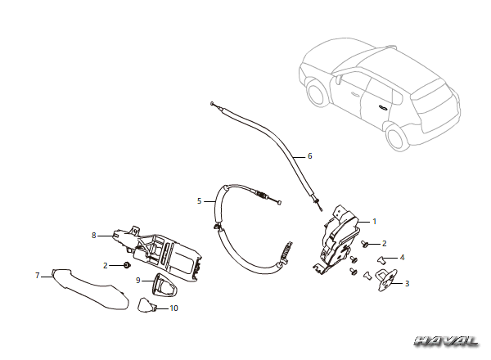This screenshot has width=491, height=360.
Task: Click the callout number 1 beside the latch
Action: coord(374,222)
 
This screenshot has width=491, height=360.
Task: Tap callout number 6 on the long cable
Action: coord(310,156)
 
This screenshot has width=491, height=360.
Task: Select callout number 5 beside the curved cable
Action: coord(199,201)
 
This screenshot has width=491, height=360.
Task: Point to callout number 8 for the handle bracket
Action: coord(93,235)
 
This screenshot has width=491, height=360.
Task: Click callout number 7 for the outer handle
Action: coord(38,276)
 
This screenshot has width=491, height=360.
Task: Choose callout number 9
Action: coord(137,280)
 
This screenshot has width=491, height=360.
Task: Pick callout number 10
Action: coord(173,308)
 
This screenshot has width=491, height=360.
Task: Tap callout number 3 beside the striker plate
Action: coord(407,284)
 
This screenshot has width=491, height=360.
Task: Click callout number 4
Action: coord(402,258)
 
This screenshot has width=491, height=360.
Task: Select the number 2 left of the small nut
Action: coord(106,265)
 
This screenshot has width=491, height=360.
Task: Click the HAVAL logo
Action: coord(447,341)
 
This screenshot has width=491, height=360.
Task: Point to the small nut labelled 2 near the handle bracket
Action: coord(127,265)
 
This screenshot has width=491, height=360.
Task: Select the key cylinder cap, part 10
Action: coord(146,305)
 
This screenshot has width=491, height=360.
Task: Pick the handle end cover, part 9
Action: coord(164,285)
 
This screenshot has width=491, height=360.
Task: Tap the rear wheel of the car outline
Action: coord(396,137)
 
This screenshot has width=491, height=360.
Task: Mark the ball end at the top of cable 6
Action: coord(212,103)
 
